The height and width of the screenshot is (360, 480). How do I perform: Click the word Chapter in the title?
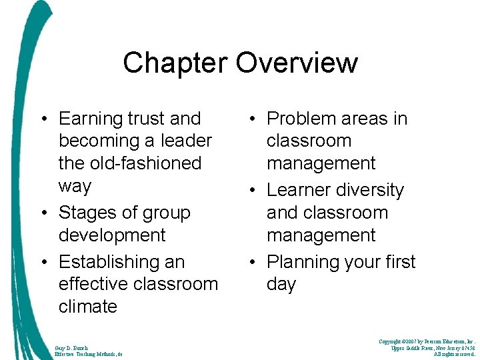point(175,63)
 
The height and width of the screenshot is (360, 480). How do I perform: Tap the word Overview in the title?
point(296,63)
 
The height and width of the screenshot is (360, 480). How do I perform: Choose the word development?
point(112,235)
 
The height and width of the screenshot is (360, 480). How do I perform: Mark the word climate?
point(88,307)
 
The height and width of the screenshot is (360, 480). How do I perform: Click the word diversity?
point(371,190)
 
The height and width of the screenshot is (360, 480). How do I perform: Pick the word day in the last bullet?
point(281,284)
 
